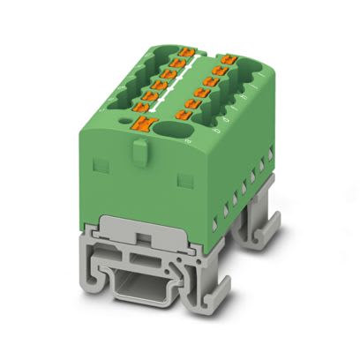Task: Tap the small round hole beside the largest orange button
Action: click(187, 139)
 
